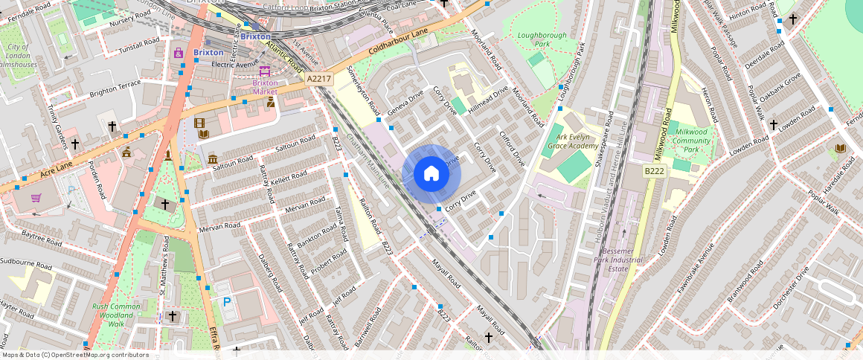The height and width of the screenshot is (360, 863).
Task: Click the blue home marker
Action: click(x=431, y=174)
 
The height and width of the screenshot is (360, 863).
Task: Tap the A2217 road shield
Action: click(x=318, y=78)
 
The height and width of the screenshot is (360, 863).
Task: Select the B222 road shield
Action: click(x=653, y=171)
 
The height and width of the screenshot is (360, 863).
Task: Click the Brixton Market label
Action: click(x=266, y=87)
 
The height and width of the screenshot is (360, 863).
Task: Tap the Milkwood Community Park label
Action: click(x=688, y=141)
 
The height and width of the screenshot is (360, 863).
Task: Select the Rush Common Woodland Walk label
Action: click(x=115, y=315)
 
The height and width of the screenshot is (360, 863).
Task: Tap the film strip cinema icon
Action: click(x=199, y=123)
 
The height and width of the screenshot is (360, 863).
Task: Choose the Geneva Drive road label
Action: click(x=407, y=103)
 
